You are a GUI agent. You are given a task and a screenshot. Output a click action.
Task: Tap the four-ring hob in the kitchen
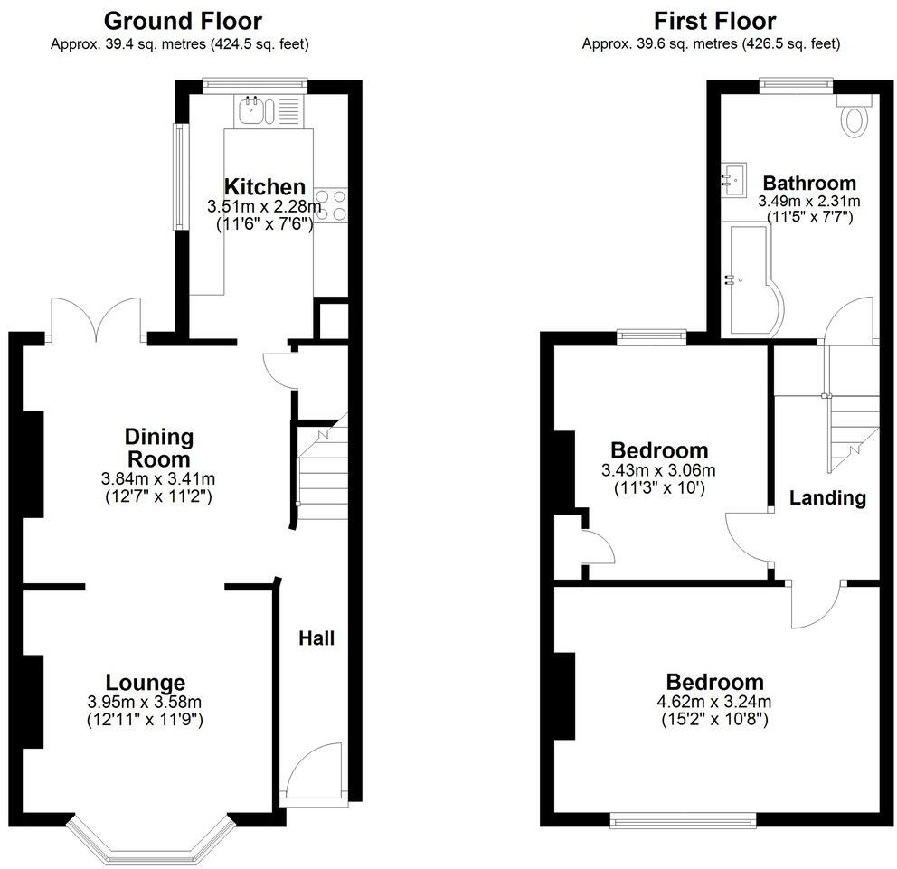[x=330, y=203]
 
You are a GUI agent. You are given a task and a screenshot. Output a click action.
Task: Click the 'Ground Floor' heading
[x=183, y=21]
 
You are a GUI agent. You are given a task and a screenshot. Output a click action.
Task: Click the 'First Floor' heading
[x=714, y=21]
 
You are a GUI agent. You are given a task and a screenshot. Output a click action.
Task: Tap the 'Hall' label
[x=316, y=638]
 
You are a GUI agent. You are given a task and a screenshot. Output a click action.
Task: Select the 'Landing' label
[x=827, y=497]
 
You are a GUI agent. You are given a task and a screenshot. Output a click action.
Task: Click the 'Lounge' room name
[x=145, y=683]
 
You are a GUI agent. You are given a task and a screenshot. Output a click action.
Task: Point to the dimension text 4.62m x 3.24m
[x=714, y=702]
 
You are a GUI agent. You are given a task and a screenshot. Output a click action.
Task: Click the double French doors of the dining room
[x=98, y=319]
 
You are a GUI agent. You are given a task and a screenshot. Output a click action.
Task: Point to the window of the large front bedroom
[x=683, y=819]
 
